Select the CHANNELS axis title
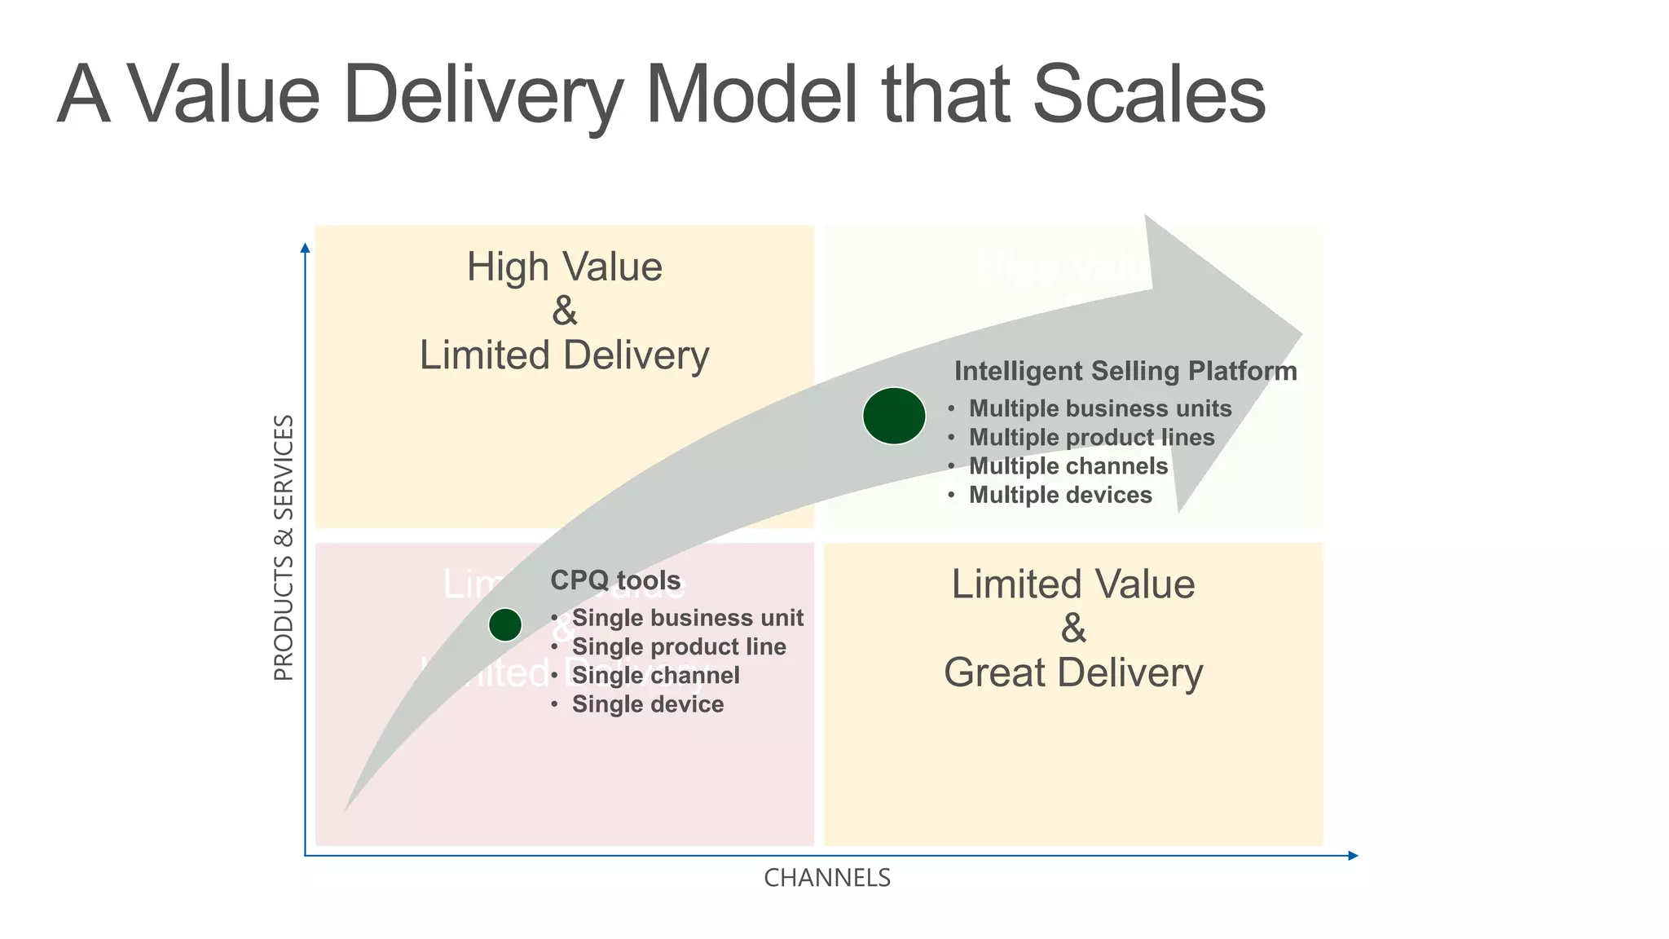[826, 878]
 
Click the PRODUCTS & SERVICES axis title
[283, 547]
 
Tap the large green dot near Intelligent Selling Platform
[894, 416]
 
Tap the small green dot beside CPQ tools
[505, 625]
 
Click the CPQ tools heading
[615, 580]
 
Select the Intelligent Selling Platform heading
[1125, 371]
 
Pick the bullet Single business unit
[687, 618]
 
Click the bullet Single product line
[678, 646]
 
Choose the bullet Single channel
[655, 675]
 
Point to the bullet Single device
[647, 704]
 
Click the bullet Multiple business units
[1099, 408]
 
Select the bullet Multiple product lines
[1091, 437]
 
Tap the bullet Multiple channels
[1068, 466]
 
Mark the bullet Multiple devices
[1059, 495]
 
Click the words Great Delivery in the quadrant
[1072, 673]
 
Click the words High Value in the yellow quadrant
[564, 267]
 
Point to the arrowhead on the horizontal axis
[1353, 855]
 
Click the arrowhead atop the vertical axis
[306, 248]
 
